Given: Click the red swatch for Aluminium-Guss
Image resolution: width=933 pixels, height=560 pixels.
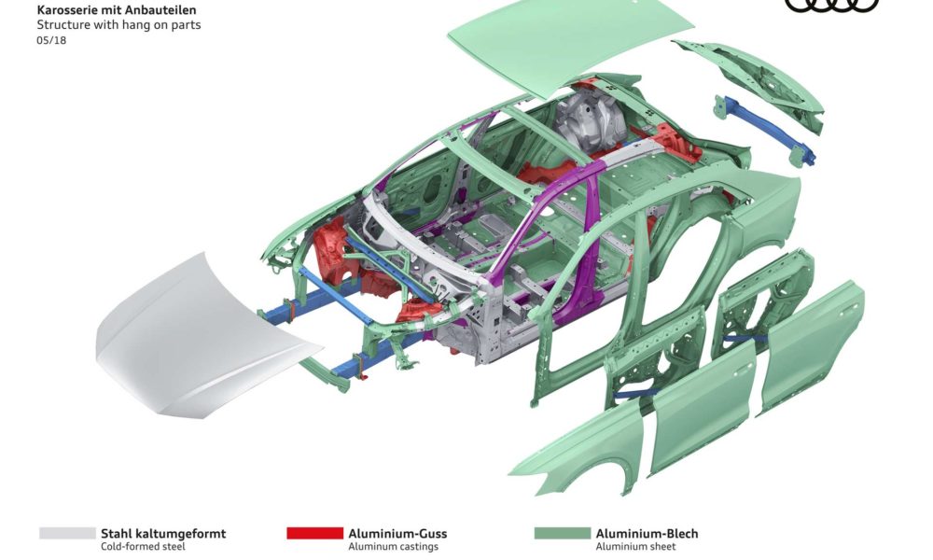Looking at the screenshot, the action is [x=314, y=533].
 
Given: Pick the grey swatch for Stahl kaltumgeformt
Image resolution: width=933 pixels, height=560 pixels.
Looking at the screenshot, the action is [x=67, y=533].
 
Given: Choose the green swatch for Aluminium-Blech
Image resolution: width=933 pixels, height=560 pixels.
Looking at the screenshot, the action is [x=563, y=533].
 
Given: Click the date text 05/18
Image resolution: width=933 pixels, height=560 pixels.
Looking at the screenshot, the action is [x=51, y=40].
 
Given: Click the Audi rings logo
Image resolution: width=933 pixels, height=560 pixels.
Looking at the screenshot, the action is [x=831, y=6].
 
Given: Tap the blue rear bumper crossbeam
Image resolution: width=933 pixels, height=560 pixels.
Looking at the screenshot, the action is [x=765, y=130].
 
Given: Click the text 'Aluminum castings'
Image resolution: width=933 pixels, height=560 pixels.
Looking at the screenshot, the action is [x=394, y=546].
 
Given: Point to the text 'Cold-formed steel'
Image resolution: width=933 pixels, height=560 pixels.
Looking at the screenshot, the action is [x=143, y=546].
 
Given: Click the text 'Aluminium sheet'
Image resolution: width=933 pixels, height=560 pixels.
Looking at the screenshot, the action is [x=635, y=546].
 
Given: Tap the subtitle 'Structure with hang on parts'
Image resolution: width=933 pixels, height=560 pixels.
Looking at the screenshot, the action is [x=119, y=25].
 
